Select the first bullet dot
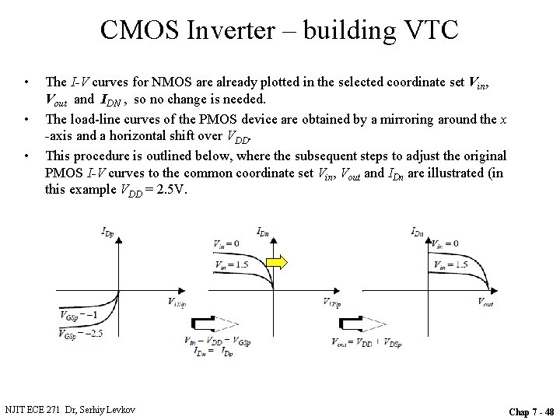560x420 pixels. [27, 82]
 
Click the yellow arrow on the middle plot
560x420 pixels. [278, 262]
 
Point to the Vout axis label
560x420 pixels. [485, 302]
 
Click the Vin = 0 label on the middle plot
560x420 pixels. [226, 244]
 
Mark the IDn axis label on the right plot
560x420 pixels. [418, 230]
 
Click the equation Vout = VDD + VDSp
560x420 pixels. [362, 341]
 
